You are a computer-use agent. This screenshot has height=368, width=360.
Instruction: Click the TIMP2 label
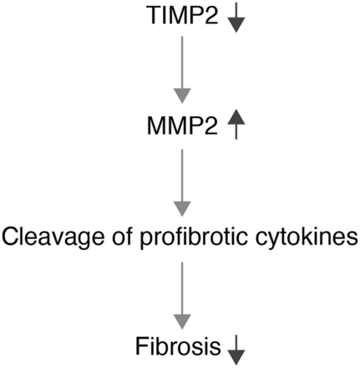(x=183, y=15)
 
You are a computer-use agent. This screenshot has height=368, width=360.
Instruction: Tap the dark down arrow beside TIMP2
(x=236, y=18)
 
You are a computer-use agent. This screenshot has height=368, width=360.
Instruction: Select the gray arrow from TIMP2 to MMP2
(x=182, y=69)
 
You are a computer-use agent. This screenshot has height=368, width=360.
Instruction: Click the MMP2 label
(x=182, y=126)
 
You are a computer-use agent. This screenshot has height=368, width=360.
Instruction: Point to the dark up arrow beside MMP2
(x=236, y=124)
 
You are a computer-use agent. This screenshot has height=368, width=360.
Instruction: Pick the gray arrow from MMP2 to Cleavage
(x=182, y=182)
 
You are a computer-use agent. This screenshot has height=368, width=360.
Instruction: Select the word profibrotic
(x=194, y=238)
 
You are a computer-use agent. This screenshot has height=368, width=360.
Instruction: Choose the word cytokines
(x=307, y=238)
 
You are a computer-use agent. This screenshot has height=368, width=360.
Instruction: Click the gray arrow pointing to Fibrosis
(x=182, y=295)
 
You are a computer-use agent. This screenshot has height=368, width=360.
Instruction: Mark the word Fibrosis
(x=178, y=346)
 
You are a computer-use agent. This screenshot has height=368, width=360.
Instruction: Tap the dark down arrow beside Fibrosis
(x=236, y=350)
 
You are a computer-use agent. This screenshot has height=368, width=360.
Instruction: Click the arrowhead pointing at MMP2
(x=182, y=96)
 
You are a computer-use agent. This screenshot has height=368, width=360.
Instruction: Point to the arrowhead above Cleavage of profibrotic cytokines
(x=182, y=209)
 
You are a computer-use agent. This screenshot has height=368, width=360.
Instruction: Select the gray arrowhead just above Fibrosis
(x=182, y=322)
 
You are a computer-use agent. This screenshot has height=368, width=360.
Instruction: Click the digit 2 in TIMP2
(x=210, y=15)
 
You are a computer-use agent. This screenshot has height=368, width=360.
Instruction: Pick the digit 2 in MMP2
(x=210, y=126)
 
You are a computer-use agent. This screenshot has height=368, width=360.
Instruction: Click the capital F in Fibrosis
(x=141, y=346)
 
